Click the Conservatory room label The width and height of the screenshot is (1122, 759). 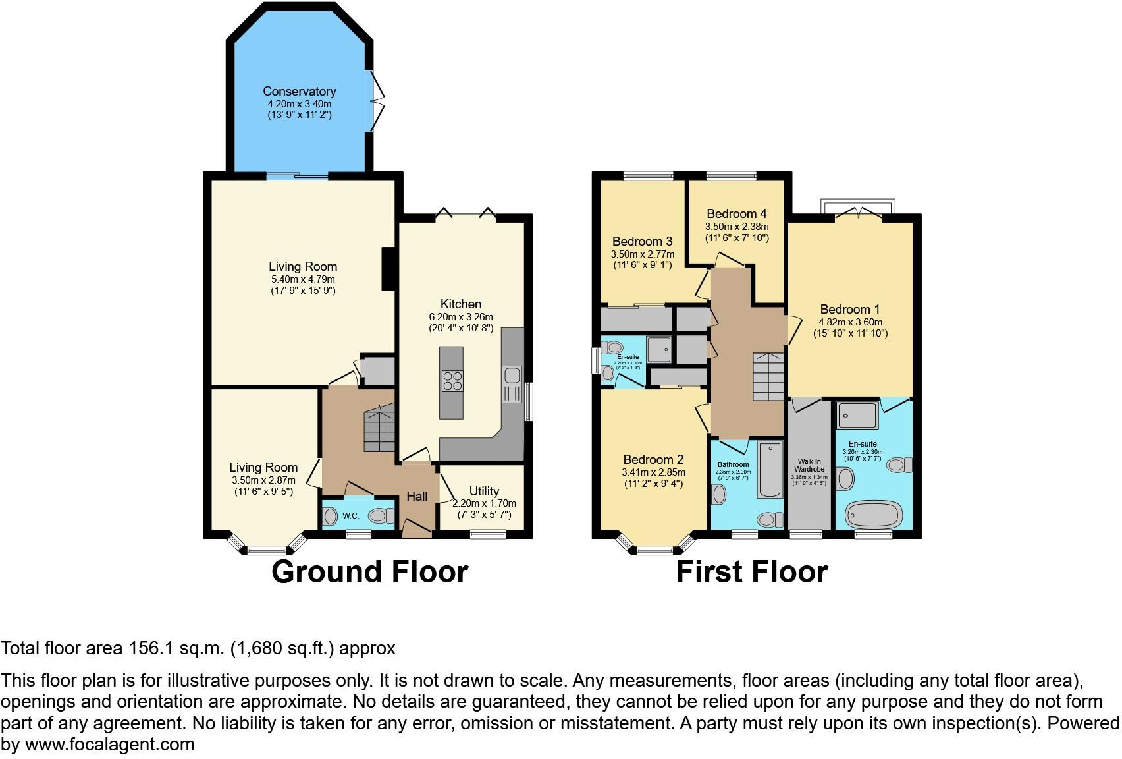coord(300,92)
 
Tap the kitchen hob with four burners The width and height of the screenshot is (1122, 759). coord(452,381)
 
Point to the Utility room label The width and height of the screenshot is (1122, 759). coord(484,491)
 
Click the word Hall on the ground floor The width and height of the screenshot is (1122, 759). coord(417,497)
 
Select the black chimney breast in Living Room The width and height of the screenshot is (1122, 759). coord(388,268)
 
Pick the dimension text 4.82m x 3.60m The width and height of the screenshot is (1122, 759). coord(850,322)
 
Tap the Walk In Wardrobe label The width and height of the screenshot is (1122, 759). coord(809,465)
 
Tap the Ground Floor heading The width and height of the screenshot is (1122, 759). coord(369,572)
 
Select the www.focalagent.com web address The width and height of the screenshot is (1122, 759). coord(109,745)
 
